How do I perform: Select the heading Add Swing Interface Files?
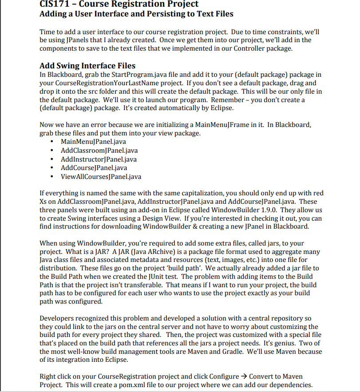coord(87,66)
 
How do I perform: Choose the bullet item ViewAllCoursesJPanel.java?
coord(101,176)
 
